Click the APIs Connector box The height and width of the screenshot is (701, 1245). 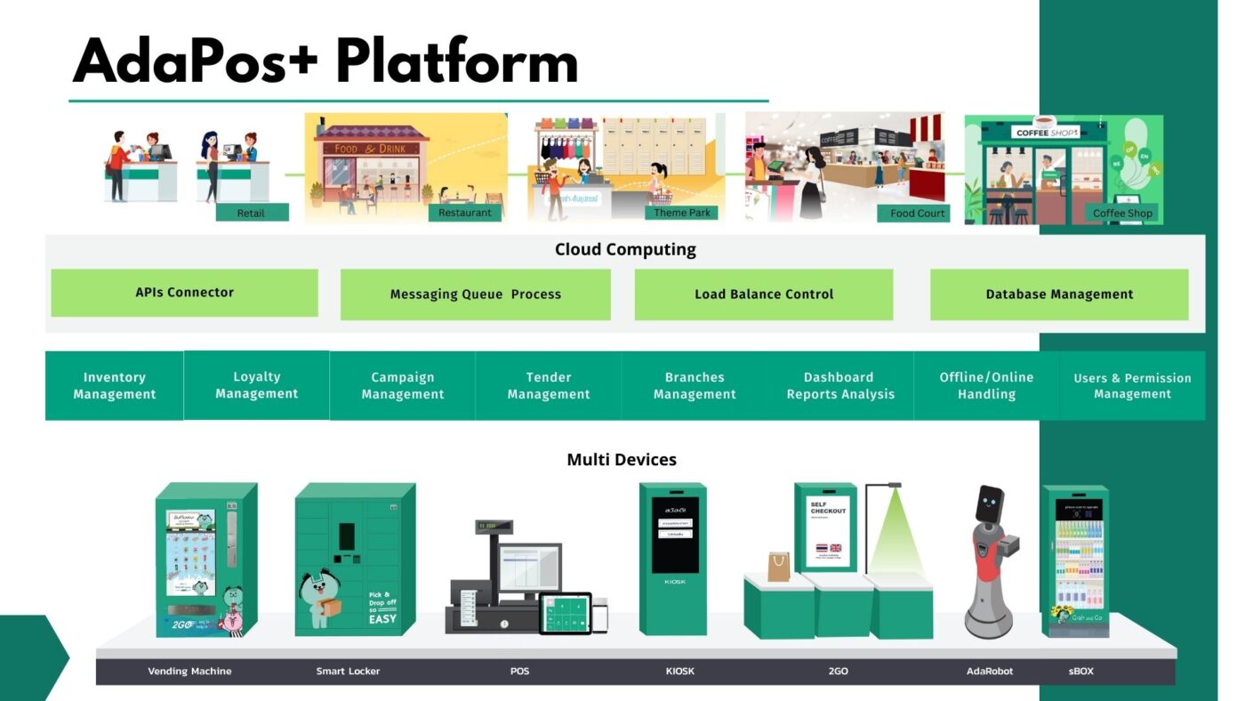pos(184,293)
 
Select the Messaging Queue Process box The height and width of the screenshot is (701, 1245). pos(475,294)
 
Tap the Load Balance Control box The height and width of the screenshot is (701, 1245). pos(763,294)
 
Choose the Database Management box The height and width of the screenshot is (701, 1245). pos(1058,294)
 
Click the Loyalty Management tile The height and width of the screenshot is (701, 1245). pos(256,385)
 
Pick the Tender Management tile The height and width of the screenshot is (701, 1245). pos(548,385)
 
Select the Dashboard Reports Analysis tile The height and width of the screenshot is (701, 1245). pos(839,385)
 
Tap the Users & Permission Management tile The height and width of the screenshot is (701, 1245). pos(1131,385)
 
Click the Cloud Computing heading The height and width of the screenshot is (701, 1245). pos(625,250)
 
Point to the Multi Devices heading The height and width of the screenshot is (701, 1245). pos(622,460)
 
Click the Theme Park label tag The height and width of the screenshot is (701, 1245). pos(682,213)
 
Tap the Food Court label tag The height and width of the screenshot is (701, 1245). pos(917,214)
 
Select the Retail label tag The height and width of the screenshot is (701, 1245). pos(251,214)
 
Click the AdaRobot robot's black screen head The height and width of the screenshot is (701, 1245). pos(989,504)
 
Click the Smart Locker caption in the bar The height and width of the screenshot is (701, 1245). pos(348,671)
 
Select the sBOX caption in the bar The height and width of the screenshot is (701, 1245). pos(1080,671)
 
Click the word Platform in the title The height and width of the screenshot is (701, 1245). pos(457,64)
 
